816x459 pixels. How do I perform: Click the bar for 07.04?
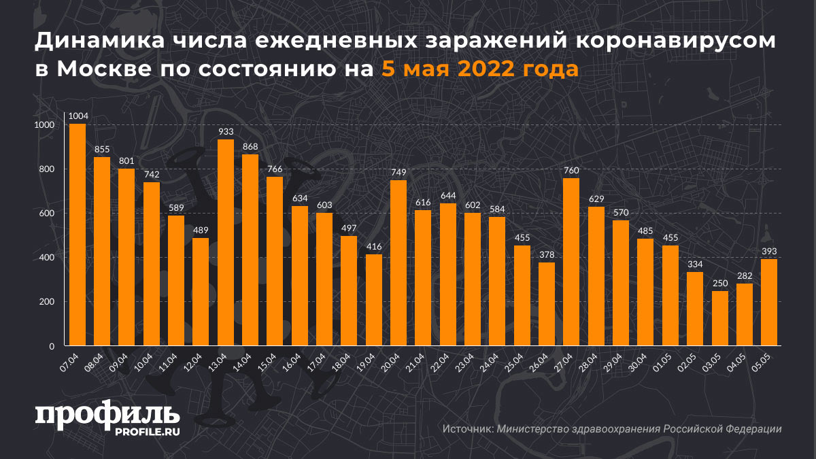click(x=78, y=235)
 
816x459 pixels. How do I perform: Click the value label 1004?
click(x=78, y=116)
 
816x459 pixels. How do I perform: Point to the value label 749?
click(x=398, y=173)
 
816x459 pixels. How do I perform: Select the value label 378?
click(x=547, y=255)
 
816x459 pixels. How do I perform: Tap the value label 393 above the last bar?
click(x=768, y=252)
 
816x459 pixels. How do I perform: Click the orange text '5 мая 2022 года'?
click(x=479, y=69)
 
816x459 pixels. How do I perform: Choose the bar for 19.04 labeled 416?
click(x=374, y=300)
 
